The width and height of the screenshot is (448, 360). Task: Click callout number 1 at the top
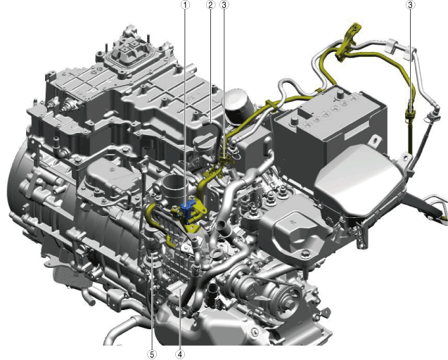point(186,5)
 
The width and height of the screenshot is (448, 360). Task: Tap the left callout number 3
point(224,5)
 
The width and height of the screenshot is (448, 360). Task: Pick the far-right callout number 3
point(410,5)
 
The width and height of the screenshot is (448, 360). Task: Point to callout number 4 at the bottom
point(180,354)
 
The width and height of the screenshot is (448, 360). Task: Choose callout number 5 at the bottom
point(152,354)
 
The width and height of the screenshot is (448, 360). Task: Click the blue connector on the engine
point(187,210)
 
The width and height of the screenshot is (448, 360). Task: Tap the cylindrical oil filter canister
point(238,106)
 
